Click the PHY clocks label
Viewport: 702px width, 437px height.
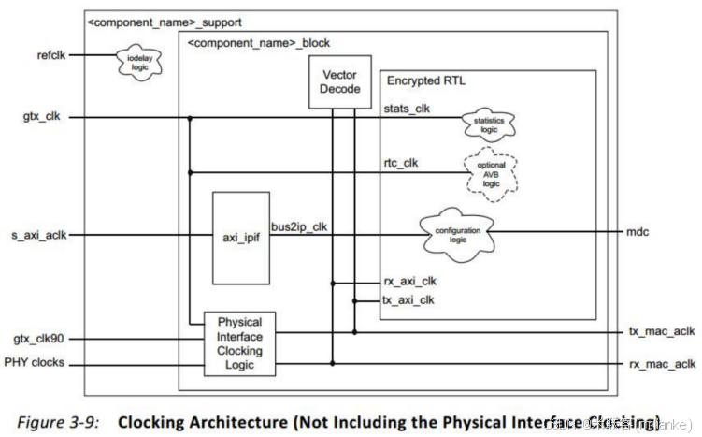(35, 362)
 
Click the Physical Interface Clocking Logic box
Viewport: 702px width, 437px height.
(240, 343)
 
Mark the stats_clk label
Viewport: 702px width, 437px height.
(407, 109)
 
